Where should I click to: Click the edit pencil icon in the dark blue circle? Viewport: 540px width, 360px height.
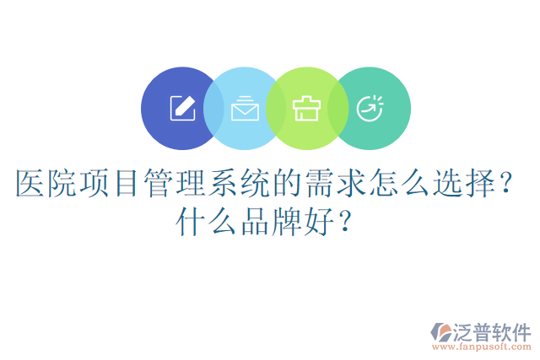[182, 108]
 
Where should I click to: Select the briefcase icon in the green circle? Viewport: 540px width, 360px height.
[305, 108]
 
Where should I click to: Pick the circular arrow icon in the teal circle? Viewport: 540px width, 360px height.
[369, 108]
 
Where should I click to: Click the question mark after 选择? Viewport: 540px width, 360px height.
[505, 184]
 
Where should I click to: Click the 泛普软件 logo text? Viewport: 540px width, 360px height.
[493, 331]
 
